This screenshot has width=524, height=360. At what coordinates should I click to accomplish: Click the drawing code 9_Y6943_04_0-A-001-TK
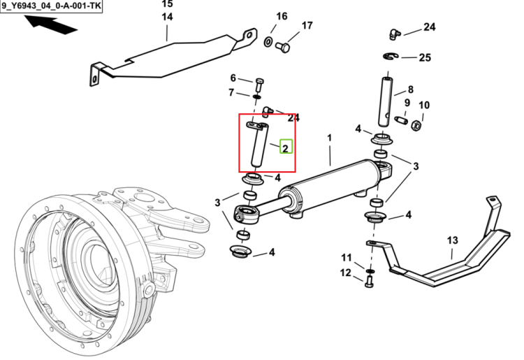point(51,6)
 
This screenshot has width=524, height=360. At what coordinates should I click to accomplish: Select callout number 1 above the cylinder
point(330,138)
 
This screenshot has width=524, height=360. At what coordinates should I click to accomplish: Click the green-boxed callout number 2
point(286,148)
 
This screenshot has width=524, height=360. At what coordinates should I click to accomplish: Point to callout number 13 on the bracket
point(452,240)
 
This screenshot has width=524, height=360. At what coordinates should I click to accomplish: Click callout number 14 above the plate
point(167,17)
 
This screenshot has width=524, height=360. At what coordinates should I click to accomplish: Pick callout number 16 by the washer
point(282,16)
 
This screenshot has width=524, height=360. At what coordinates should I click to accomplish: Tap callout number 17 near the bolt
point(307,25)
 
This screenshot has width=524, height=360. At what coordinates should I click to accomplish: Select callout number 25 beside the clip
point(425,57)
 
